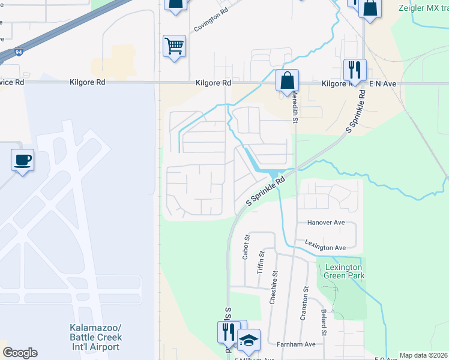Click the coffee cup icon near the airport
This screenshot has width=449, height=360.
[22, 160]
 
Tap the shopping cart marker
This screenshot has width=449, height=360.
[174, 46]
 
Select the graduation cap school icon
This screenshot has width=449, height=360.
[249, 340]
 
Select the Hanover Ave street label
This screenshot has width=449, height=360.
[325, 223]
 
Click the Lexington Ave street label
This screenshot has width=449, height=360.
[325, 247]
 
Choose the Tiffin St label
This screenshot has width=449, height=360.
[261, 263]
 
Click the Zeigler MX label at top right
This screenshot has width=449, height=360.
[423, 8]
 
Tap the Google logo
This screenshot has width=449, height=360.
[20, 353]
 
